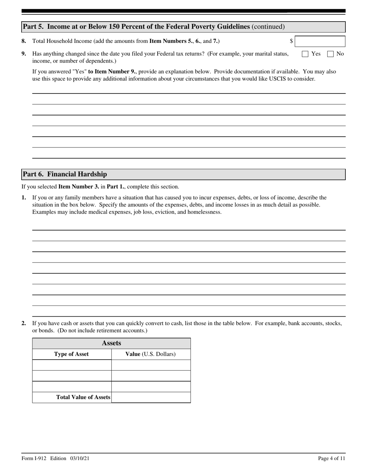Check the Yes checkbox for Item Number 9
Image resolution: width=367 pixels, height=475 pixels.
pos(305,54)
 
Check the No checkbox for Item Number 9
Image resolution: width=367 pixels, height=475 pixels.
pos(330,54)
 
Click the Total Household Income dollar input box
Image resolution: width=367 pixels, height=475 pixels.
pos(320,41)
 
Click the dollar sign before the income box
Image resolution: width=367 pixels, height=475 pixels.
pos(291,41)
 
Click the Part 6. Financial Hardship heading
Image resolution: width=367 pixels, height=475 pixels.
pos(65,174)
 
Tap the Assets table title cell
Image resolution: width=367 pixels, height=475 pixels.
pos(111,343)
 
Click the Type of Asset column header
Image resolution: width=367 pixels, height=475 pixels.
pos(71,354)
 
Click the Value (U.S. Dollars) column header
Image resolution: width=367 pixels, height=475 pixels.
pos(150,354)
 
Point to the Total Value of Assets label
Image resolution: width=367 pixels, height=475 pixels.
pos(83,397)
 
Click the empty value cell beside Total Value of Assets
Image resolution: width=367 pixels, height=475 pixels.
pos(151,397)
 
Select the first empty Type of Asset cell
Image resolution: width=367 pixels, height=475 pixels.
pos(71,365)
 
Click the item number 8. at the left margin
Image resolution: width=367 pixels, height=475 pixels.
pos(24,41)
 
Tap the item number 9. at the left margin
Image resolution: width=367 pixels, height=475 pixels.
pos(24,54)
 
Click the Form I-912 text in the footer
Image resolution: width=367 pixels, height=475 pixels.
pos(34,458)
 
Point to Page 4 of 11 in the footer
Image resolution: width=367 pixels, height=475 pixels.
pos(331,458)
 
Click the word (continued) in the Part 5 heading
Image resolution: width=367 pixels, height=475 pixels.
pos(268,27)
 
